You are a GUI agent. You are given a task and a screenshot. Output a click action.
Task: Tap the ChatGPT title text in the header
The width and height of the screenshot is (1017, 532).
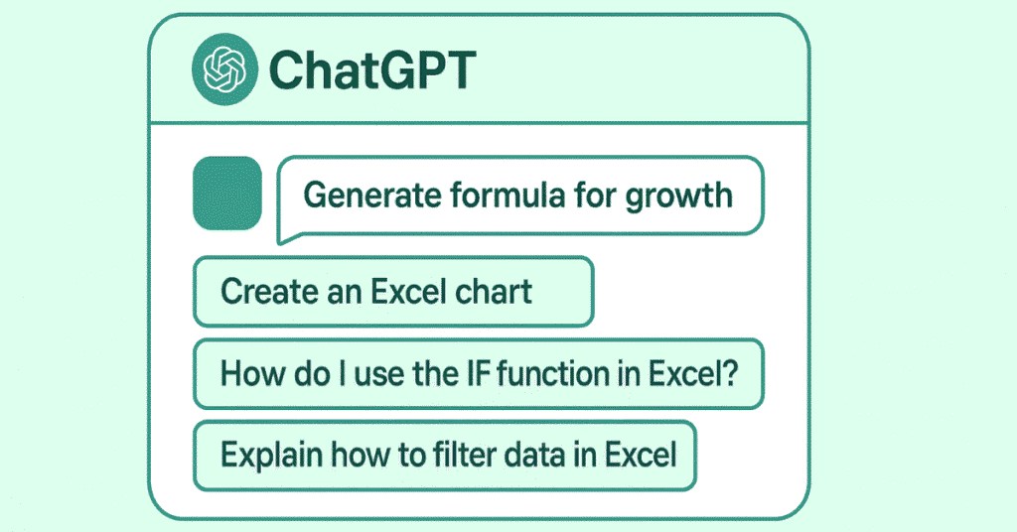pos(372,70)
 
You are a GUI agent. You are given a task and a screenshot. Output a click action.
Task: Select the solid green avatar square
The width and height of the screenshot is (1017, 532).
pos(227,193)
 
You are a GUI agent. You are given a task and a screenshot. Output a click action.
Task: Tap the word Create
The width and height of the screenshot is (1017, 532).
pos(260,292)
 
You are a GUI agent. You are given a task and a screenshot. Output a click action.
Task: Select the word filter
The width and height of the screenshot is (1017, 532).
pos(454,456)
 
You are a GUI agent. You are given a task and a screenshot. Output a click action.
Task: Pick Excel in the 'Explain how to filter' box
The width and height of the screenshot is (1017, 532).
pos(641,456)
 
